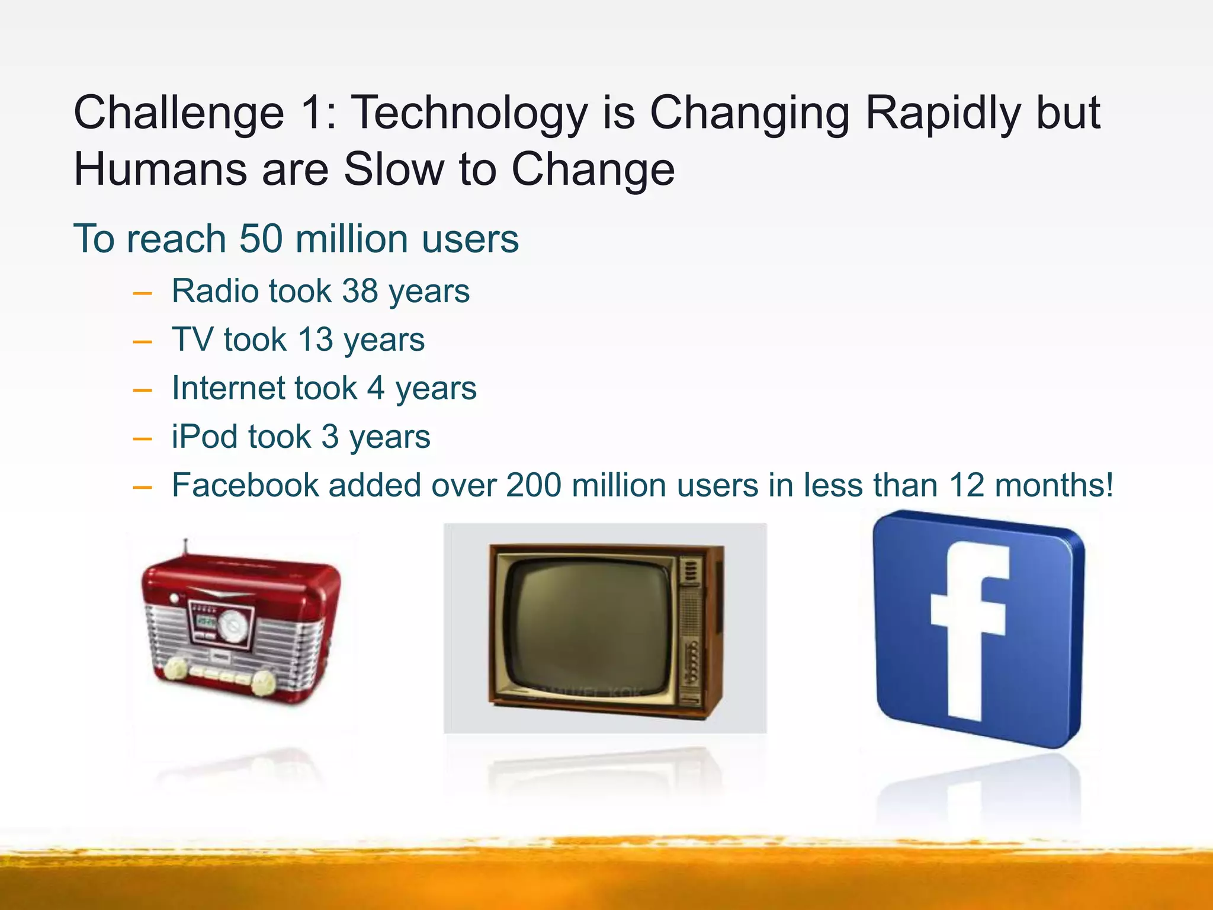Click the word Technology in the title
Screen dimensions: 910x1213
tap(470, 114)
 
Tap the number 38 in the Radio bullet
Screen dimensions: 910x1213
tap(360, 291)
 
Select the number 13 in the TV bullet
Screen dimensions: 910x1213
tap(315, 340)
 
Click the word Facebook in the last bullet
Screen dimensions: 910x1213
tap(245, 485)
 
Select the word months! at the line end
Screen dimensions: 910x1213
tap(1054, 485)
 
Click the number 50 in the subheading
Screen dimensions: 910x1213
tap(261, 239)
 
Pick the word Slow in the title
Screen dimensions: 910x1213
tap(393, 169)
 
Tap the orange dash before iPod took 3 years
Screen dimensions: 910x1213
tap(143, 439)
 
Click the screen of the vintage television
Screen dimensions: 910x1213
tap(586, 625)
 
